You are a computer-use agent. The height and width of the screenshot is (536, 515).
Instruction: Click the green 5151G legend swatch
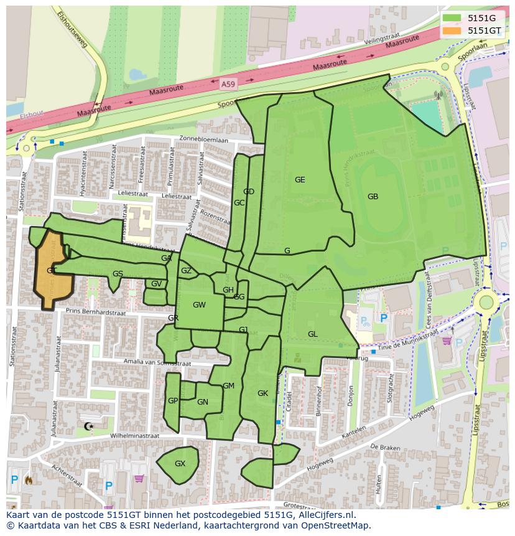452,18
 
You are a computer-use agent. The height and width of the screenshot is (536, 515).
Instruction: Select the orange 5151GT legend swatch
452,30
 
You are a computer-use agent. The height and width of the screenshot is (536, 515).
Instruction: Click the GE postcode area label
300,180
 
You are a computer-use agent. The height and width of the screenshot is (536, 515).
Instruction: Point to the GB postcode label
373,197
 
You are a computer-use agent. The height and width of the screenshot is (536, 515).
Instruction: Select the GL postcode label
312,334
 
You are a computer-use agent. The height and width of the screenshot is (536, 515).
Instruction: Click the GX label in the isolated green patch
180,464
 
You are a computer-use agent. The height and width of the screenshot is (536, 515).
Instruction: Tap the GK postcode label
262,393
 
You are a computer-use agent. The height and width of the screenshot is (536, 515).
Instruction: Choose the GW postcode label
199,305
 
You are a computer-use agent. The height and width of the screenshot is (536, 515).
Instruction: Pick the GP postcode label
173,401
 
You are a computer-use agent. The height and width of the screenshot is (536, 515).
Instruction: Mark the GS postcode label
118,274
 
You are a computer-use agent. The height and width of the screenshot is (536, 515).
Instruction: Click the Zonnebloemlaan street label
203,139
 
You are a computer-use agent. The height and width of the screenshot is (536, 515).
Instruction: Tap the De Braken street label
384,447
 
